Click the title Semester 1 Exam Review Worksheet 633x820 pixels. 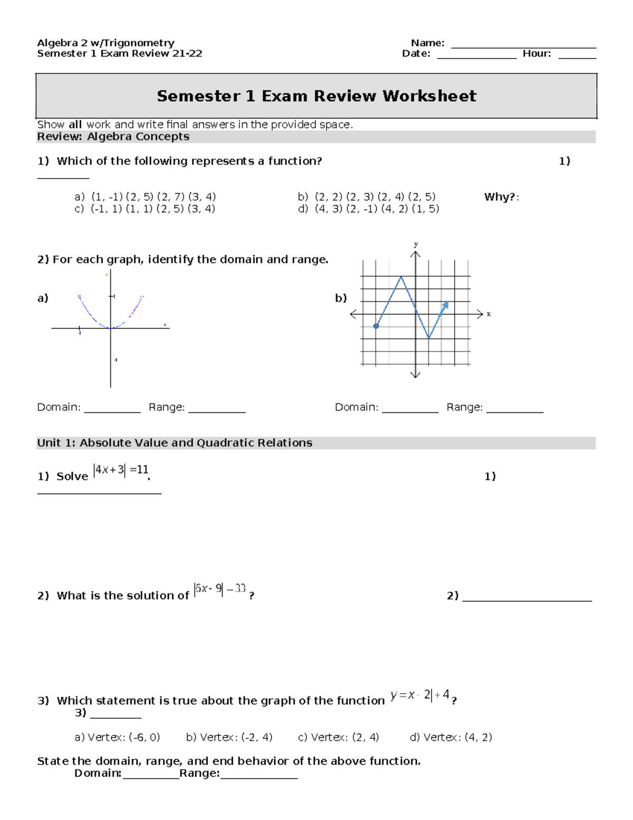(x=316, y=96)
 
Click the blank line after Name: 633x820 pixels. (x=523, y=46)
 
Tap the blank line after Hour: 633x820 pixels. (x=577, y=57)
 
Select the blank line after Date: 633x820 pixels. (x=476, y=57)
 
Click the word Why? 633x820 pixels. (x=499, y=197)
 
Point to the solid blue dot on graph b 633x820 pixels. (x=376, y=326)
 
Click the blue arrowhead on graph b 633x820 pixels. (x=446, y=305)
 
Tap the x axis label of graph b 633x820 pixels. (x=488, y=314)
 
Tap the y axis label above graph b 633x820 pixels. (x=416, y=244)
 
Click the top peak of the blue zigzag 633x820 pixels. (x=401, y=276)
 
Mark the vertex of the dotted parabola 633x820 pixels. (x=111, y=328)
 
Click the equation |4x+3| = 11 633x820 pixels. (x=121, y=470)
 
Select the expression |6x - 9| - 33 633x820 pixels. (x=220, y=589)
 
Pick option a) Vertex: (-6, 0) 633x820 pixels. (x=117, y=737)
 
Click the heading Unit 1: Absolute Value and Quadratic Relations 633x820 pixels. (x=175, y=443)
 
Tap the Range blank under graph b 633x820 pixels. (x=514, y=410)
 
